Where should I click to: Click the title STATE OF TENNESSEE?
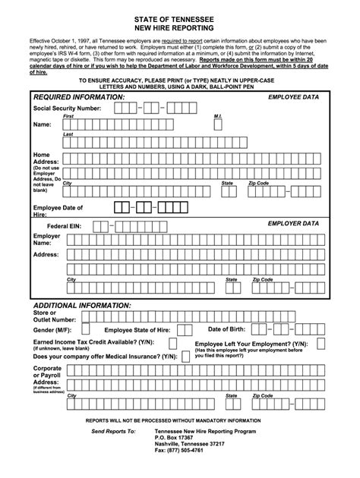click(179, 15)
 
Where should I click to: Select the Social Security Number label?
click(67, 108)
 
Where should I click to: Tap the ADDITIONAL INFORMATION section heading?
click(82, 304)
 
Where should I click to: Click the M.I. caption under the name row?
click(217, 116)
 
